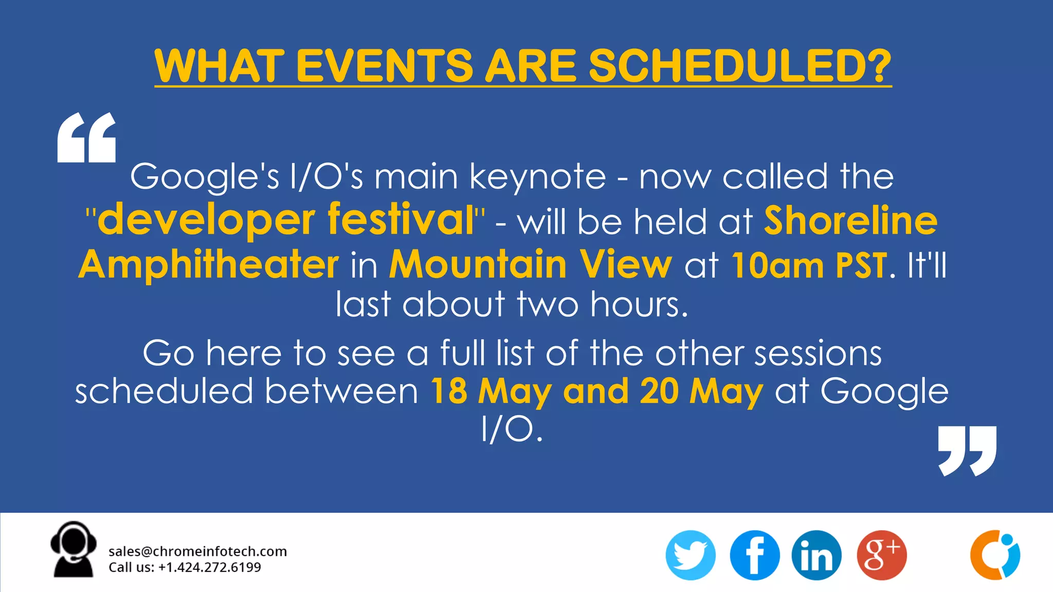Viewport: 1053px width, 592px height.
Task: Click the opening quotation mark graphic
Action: pos(86,138)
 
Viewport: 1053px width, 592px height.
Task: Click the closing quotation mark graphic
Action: pos(967,451)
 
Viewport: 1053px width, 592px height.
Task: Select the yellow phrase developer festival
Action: pos(285,220)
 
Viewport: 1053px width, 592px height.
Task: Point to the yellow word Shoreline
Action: pos(850,220)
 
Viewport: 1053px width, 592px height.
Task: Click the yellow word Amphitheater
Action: pos(209,264)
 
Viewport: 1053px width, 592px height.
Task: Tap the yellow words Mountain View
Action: pos(530,264)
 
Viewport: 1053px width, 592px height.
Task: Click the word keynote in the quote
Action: pos(538,177)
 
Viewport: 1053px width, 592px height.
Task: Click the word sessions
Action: pos(818,354)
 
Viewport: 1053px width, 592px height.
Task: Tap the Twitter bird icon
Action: pos(691,556)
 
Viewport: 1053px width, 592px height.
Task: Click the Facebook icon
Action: pos(754,556)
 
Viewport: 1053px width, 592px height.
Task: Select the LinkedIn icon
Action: pos(816,556)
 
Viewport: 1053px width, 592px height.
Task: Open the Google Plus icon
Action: pos(881,556)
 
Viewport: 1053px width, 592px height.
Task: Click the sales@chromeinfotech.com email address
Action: pos(197,551)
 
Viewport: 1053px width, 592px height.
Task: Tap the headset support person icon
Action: pos(74,550)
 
